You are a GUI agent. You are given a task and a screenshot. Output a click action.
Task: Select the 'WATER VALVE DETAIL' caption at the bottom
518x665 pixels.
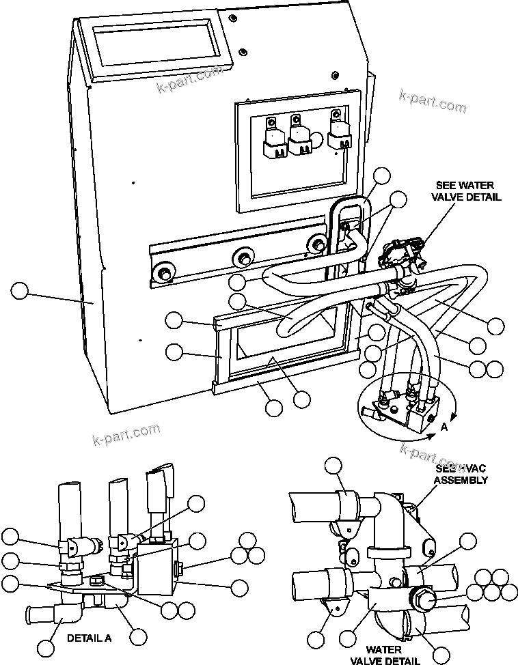point(383,655)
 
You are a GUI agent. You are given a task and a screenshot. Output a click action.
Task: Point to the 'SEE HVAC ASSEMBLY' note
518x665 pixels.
point(461,475)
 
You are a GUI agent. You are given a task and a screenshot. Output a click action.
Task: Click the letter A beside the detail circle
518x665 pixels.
point(444,427)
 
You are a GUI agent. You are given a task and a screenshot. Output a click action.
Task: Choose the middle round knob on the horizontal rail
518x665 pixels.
point(243,258)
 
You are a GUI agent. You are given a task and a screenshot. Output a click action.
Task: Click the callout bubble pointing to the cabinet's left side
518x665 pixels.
point(21,292)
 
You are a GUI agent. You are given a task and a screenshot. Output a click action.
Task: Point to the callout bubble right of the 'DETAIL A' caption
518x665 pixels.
point(138,637)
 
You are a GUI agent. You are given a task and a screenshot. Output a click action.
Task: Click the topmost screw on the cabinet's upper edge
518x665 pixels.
point(233,16)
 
